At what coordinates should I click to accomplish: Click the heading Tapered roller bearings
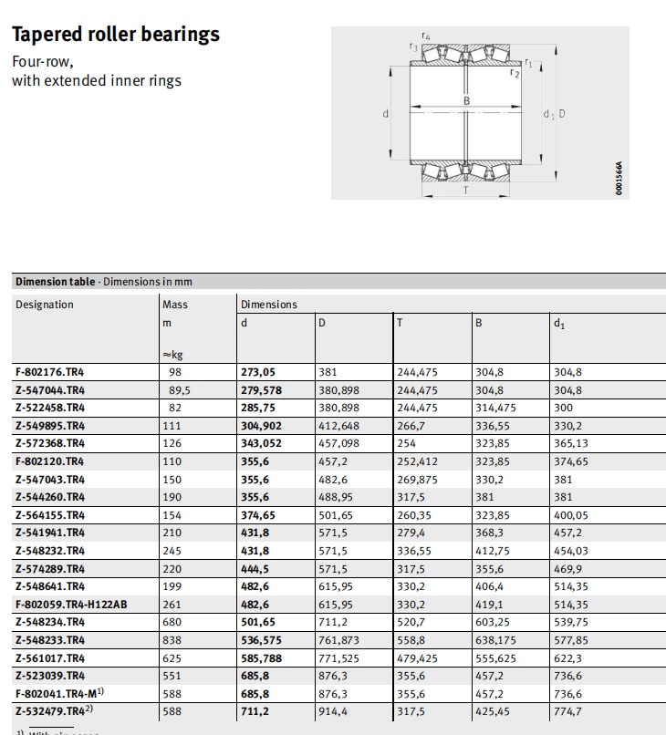pyautogui.click(x=116, y=35)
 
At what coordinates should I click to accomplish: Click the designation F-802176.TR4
pyautogui.click(x=50, y=372)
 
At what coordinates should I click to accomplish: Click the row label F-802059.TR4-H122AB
pyautogui.click(x=71, y=604)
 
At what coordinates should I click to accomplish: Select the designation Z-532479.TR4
pyautogui.click(x=50, y=710)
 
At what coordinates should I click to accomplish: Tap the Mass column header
pyautogui.click(x=175, y=305)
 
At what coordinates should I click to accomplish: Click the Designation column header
pyautogui.click(x=45, y=305)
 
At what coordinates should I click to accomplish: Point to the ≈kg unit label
pyautogui.click(x=172, y=354)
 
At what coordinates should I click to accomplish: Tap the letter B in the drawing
pyautogui.click(x=466, y=101)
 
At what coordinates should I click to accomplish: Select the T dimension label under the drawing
pyautogui.click(x=466, y=191)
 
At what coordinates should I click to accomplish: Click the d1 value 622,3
pyautogui.click(x=567, y=657)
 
